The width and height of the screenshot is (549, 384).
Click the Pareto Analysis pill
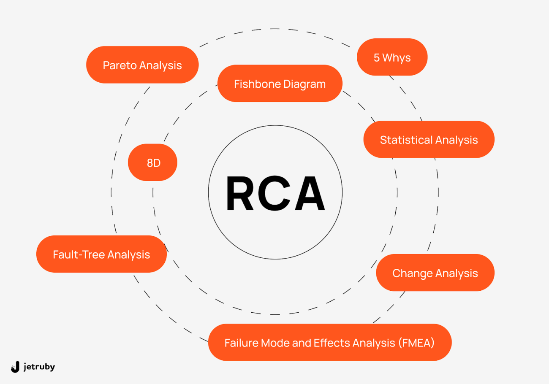coord(142,65)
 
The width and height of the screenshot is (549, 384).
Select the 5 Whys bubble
coord(392,57)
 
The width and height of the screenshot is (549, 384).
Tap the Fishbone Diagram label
coord(280,84)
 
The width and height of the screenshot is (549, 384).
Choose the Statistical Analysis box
coord(429,140)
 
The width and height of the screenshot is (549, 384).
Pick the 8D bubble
coord(153,163)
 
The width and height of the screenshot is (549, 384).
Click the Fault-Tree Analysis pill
coord(101,254)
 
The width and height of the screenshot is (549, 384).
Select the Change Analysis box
coord(435,273)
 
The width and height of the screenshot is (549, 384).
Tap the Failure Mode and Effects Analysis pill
coord(329,343)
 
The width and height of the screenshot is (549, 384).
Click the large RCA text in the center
coord(275,194)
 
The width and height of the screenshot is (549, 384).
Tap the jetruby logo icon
coord(15,367)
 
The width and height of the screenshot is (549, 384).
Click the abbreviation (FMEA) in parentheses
coord(416,343)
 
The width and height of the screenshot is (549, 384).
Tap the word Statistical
coord(406,140)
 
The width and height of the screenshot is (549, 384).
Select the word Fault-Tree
coord(79,254)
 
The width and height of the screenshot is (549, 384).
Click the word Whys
coord(397,58)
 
